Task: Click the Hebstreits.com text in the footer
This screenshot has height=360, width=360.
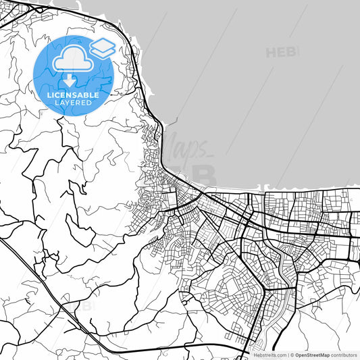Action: [269, 355]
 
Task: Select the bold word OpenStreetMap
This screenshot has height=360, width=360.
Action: [312, 355]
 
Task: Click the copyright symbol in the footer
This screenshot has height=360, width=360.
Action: [292, 355]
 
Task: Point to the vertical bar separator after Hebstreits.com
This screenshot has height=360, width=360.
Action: [286, 355]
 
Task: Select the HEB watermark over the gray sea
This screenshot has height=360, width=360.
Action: [282, 52]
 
